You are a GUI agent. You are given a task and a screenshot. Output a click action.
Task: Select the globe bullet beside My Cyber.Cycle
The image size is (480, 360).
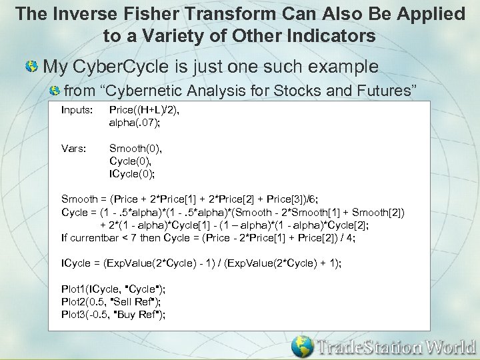(x=31, y=67)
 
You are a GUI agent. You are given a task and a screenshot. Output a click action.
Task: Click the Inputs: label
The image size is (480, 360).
(x=77, y=109)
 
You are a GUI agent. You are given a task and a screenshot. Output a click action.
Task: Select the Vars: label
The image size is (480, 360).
(x=73, y=148)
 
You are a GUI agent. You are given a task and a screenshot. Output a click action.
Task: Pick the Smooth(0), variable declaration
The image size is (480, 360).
(x=135, y=148)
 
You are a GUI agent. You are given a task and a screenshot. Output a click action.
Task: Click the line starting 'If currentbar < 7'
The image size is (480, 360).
(x=208, y=237)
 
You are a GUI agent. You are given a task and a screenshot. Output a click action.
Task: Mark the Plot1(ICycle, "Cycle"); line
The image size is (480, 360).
(x=113, y=289)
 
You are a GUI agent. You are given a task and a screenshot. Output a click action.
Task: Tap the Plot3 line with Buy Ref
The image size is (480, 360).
(x=113, y=314)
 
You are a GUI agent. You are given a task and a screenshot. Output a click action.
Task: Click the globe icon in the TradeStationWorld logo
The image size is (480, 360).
(x=303, y=346)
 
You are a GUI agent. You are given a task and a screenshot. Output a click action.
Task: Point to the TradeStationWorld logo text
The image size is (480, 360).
(x=396, y=347)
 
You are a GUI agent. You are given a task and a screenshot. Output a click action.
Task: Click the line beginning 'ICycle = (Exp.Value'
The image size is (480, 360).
(x=201, y=263)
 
